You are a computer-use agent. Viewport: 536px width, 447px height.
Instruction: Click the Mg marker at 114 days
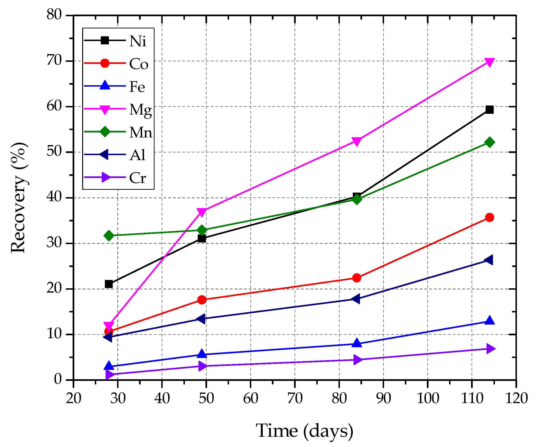(489, 62)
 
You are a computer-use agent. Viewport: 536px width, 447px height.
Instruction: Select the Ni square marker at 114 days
(489, 110)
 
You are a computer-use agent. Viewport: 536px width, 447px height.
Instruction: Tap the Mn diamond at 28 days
(109, 236)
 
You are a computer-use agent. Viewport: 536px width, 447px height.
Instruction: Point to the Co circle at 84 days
(357, 278)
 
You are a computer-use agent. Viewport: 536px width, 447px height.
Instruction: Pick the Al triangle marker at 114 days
(489, 260)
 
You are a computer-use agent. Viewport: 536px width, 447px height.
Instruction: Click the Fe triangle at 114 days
(489, 321)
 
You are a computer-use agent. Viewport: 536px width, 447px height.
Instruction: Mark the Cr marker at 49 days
(202, 366)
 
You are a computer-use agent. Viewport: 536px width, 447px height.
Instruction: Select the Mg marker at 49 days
(202, 212)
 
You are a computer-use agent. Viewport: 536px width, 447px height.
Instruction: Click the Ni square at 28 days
(109, 284)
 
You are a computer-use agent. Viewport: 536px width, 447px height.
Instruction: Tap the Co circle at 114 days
(489, 217)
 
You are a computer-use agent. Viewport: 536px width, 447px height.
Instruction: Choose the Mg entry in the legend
(140, 110)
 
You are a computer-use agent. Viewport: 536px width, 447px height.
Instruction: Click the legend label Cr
(138, 178)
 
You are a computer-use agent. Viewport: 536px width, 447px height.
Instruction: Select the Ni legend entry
(138, 41)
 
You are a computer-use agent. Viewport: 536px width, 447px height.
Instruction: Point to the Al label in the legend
(137, 155)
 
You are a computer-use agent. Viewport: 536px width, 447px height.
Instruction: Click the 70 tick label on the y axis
(54, 61)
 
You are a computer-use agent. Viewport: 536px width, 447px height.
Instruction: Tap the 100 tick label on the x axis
(428, 398)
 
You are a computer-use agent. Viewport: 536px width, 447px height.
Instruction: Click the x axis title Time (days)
(304, 431)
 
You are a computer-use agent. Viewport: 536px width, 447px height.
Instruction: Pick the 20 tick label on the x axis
(74, 398)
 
